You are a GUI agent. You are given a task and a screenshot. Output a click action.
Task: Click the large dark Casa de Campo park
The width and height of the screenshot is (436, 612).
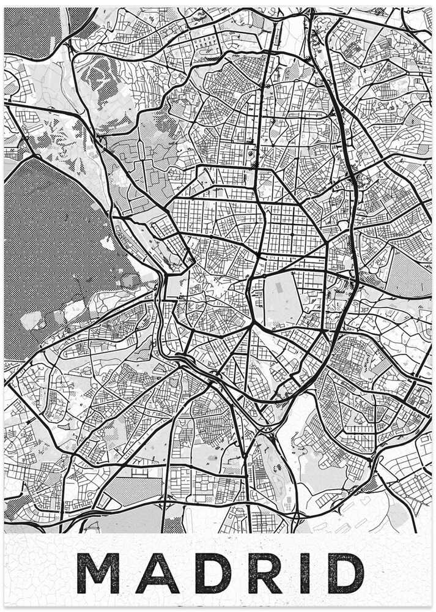point(55,245)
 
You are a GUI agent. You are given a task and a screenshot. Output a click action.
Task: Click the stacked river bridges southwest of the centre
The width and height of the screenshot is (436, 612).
point(183,361)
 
